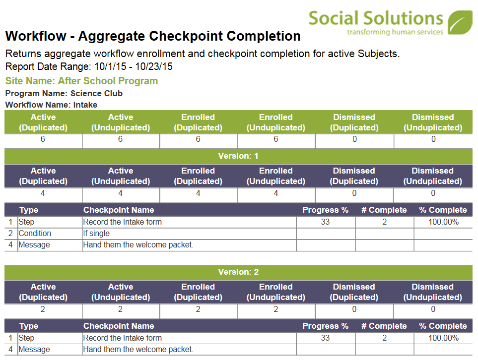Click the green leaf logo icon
460,22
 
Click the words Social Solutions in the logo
376,18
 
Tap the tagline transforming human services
395,32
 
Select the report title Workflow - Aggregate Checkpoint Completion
153,36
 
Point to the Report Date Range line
89,66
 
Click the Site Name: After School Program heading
82,81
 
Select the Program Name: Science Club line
64,93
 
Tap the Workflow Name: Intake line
51,105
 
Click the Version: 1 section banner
238,156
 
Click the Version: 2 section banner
238,272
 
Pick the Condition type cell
35,233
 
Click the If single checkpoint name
96,233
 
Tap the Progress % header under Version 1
325,210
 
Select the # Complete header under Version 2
384,326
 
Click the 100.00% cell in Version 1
444,222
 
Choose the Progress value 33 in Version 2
325,338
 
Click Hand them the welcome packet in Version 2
138,350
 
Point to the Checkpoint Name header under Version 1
119,210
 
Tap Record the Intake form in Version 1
122,222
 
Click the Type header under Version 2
29,326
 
